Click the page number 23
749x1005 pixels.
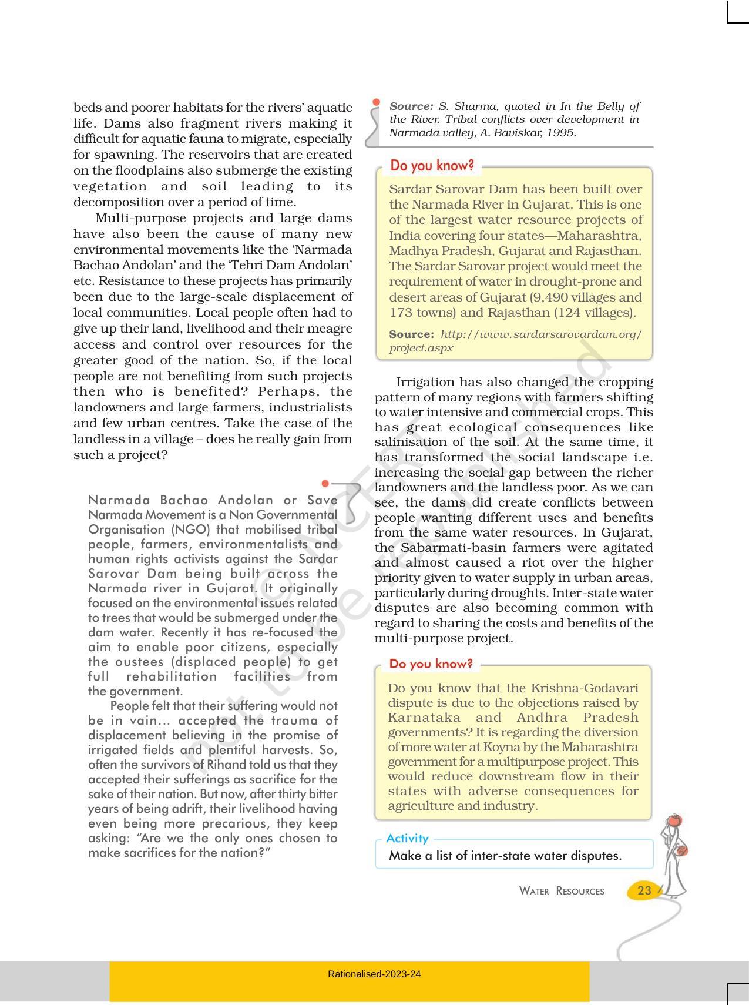[644, 890]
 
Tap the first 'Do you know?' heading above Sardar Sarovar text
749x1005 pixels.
[432, 166]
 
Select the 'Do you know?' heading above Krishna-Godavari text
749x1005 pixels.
[431, 664]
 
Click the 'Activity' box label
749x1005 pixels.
[407, 839]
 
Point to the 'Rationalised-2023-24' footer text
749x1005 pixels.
[374, 974]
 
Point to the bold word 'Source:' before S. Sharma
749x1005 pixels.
[411, 106]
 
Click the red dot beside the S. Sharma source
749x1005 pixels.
[376, 102]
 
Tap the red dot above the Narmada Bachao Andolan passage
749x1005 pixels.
[325, 484]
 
